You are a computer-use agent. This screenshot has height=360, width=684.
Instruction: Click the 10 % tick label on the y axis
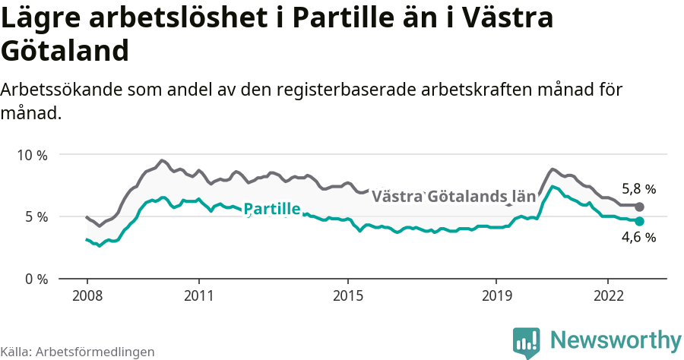32,155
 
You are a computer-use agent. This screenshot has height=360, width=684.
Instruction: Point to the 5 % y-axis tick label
35,216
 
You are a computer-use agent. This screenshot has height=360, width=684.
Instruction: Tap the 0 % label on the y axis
35,279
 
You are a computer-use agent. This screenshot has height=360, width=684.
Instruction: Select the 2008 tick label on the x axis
87,295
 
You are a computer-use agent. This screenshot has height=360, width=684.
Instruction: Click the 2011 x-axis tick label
198,295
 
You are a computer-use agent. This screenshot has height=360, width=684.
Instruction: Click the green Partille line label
272,210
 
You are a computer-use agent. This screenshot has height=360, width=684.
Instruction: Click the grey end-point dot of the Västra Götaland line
639,207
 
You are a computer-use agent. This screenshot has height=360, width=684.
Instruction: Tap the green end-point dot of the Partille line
639,221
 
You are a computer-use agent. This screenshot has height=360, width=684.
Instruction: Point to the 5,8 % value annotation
638,189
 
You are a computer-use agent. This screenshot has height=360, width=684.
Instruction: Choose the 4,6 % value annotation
638,238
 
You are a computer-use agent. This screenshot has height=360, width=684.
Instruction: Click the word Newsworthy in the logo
616,340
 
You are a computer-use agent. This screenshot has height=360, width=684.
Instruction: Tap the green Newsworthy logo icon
526,343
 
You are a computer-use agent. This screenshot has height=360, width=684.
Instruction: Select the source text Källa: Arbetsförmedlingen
78,352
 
